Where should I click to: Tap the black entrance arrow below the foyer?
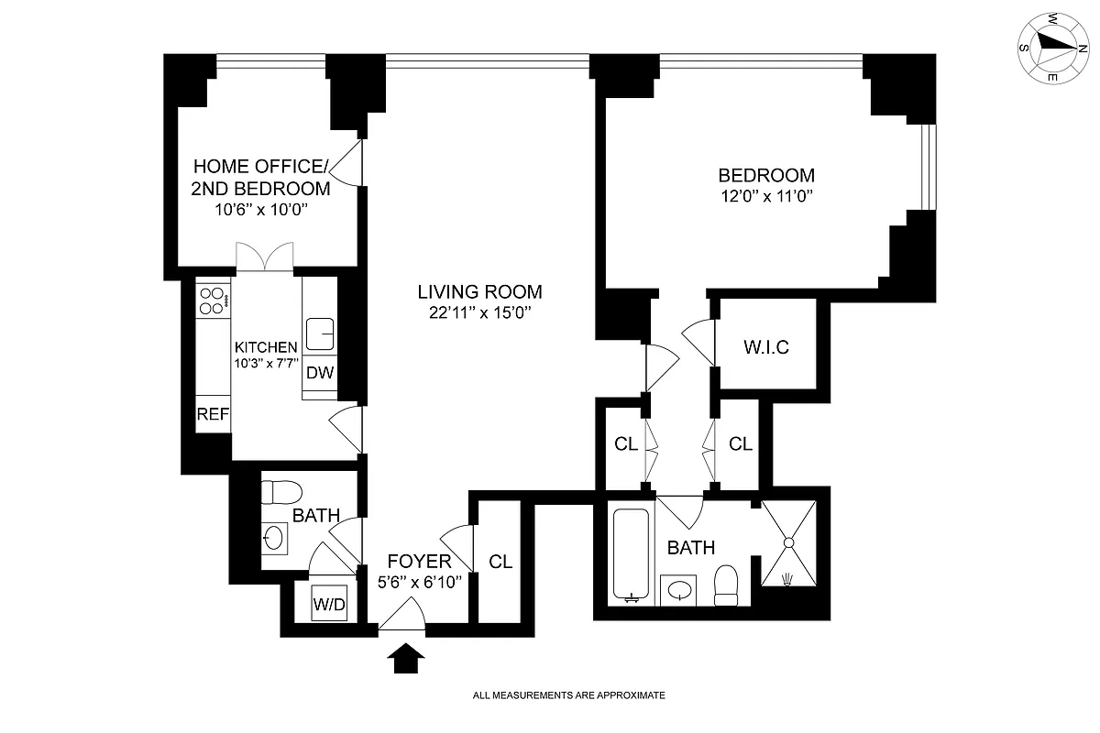[x=401, y=658]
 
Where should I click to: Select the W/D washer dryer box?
[x=329, y=605]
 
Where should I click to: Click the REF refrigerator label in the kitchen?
[x=213, y=414]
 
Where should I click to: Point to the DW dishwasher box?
[x=319, y=373]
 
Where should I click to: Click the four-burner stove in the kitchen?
[x=213, y=301]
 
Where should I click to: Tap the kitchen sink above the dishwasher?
[x=320, y=334]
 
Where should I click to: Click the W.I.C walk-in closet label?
[x=764, y=348]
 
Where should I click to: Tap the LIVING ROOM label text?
[x=479, y=292]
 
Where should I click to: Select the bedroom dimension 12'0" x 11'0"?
[x=766, y=196]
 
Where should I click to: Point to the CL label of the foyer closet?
[x=500, y=562]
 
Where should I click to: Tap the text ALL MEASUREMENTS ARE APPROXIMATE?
[x=568, y=695]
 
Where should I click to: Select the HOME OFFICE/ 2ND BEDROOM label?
[x=260, y=178]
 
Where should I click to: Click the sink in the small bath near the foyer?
[x=273, y=538]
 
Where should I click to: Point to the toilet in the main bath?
[x=726, y=586]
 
